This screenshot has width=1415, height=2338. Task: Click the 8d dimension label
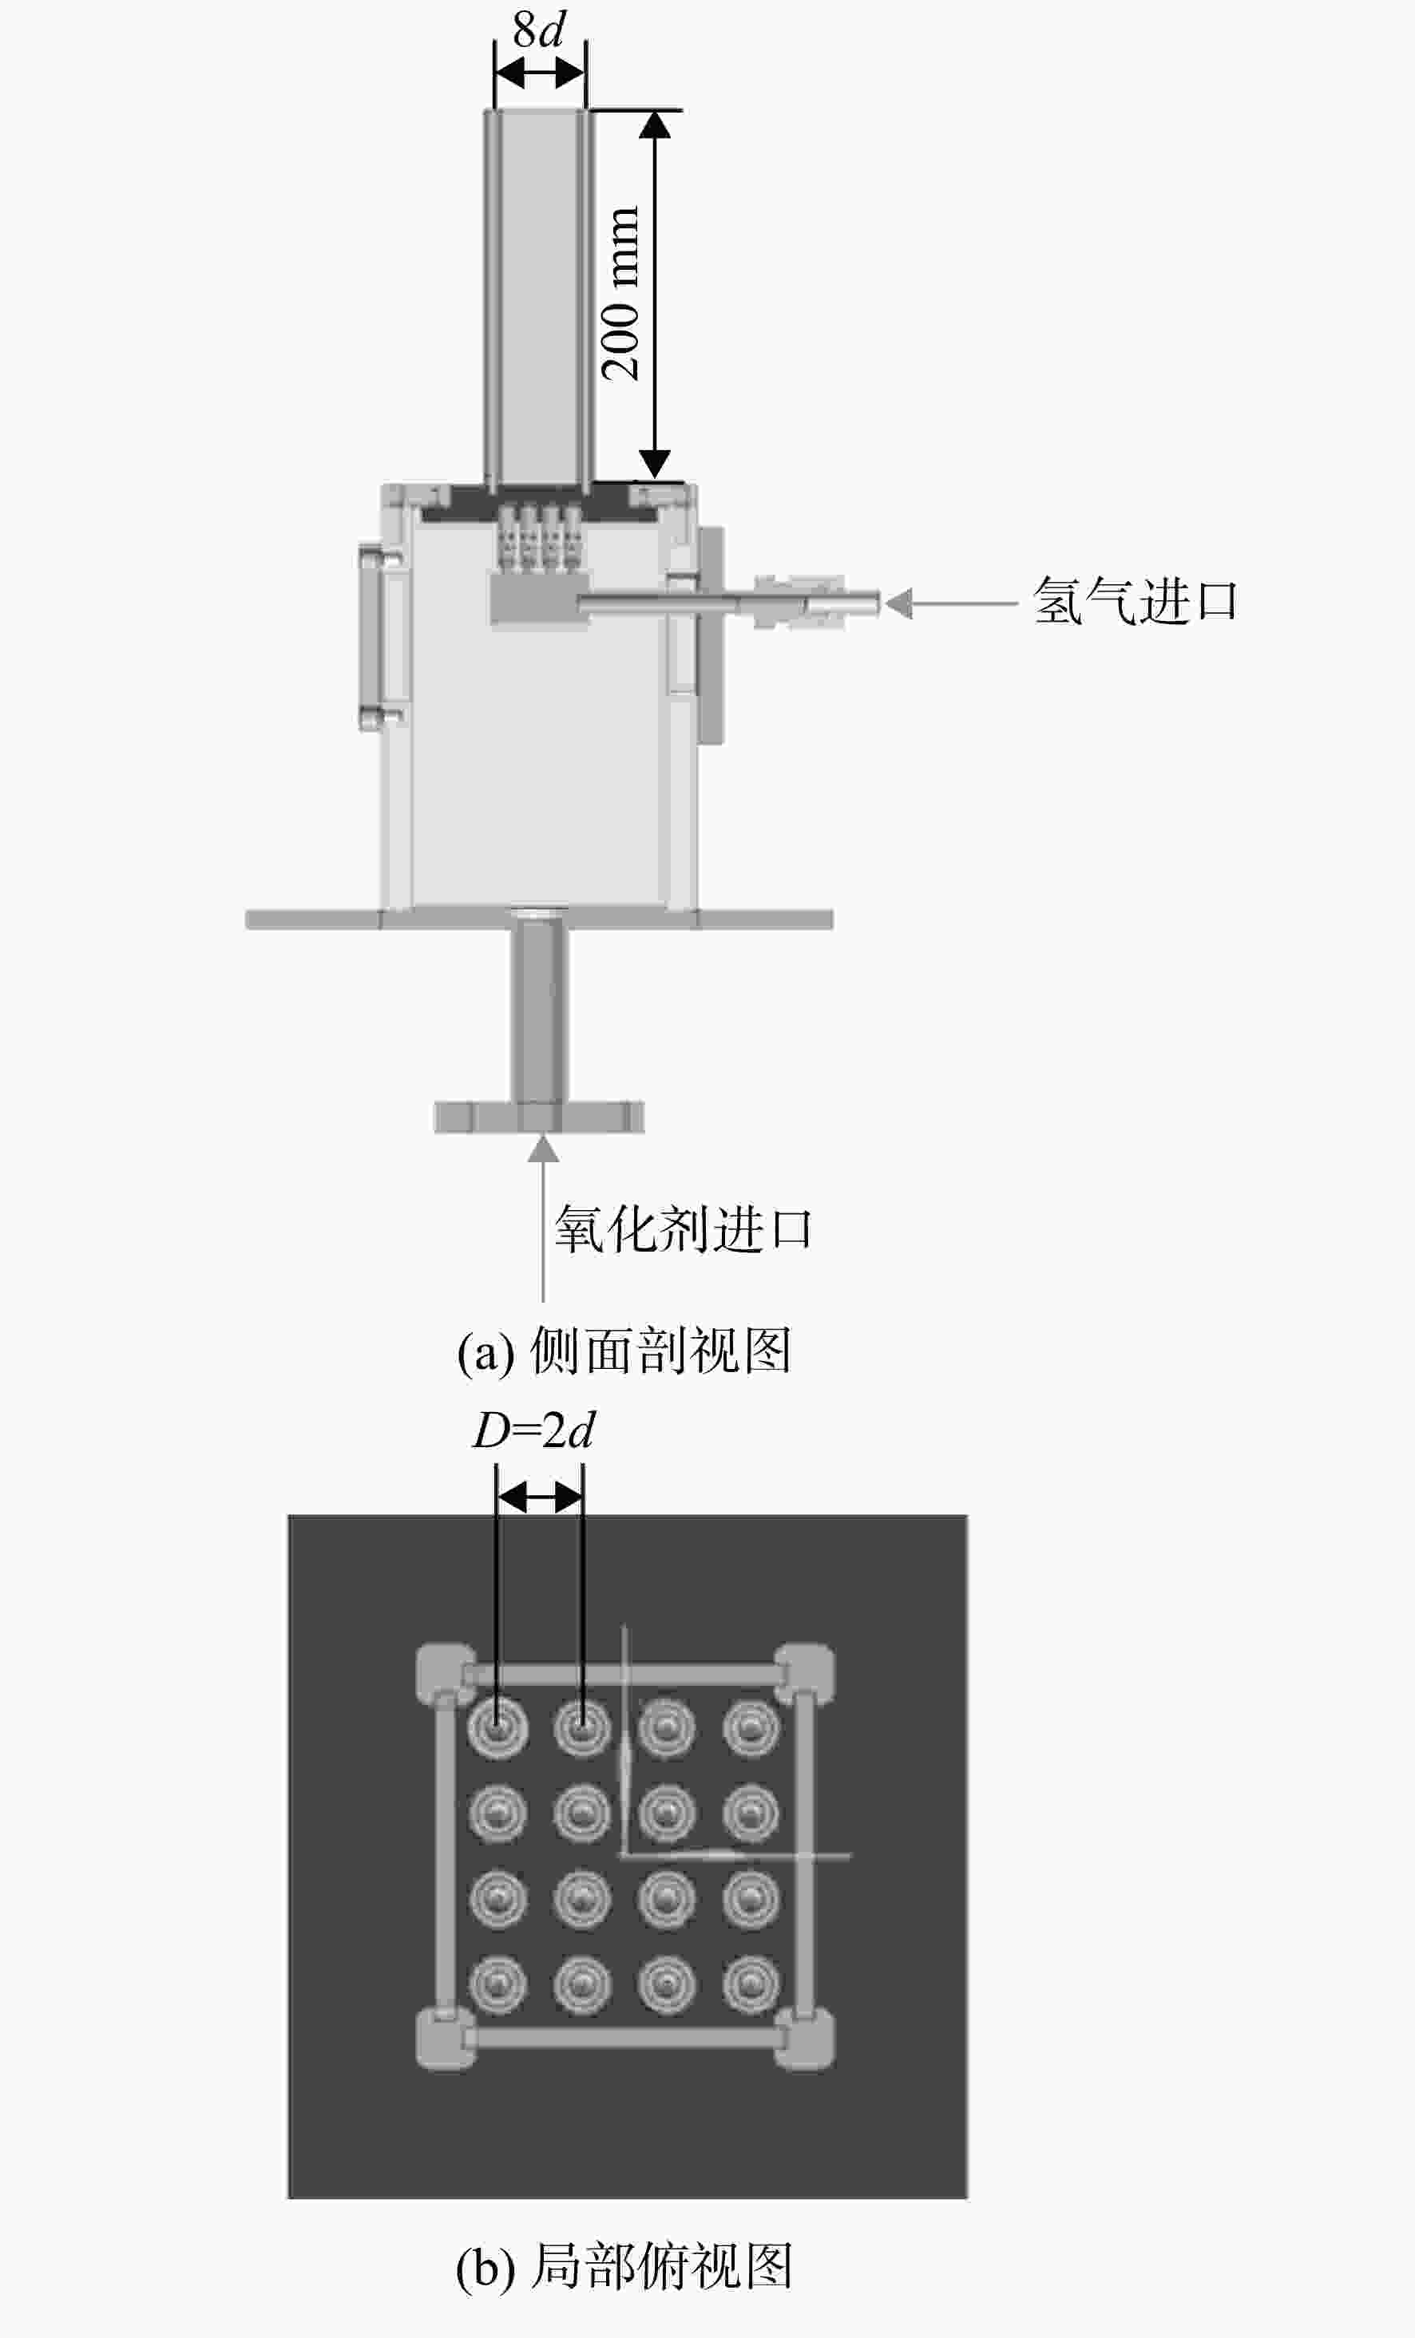click(538, 30)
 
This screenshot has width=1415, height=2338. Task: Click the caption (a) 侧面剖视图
click(624, 1351)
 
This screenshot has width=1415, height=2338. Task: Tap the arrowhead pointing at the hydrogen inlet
click(898, 603)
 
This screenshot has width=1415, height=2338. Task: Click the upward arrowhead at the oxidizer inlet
click(543, 1148)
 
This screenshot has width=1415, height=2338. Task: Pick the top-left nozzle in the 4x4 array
click(497, 1727)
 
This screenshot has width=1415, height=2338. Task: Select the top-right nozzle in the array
click(751, 1727)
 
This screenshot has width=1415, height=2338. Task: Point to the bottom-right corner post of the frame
click(805, 2037)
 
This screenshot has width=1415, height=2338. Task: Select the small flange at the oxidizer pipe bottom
click(539, 1117)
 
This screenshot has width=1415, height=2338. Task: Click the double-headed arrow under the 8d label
click(540, 72)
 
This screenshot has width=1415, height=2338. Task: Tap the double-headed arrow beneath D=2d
click(540, 1498)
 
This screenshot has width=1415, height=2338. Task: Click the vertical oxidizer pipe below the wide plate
click(540, 1015)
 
